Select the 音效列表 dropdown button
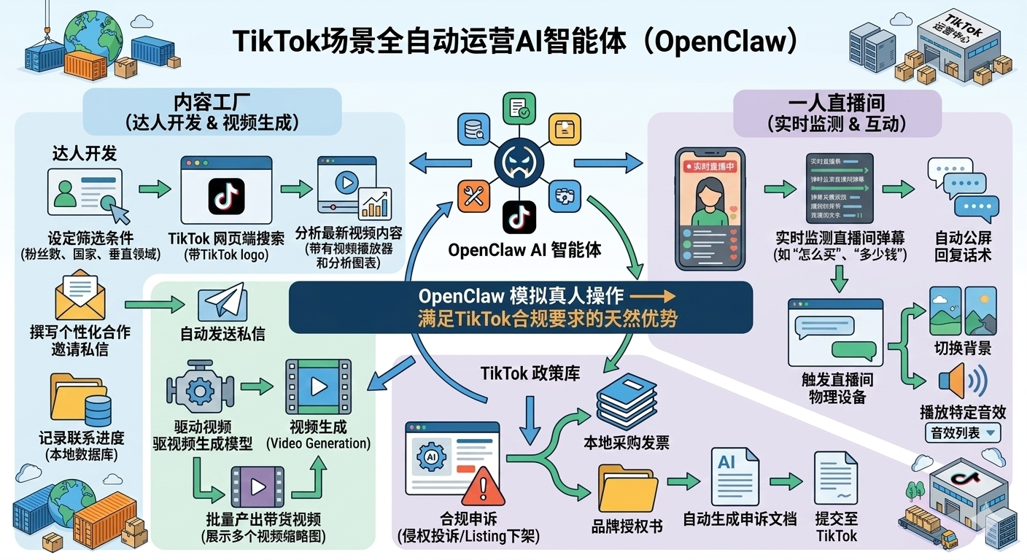click(x=963, y=432)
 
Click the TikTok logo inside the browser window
click(x=226, y=196)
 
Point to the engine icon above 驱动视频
click(x=200, y=391)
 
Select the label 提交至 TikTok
click(x=836, y=527)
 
